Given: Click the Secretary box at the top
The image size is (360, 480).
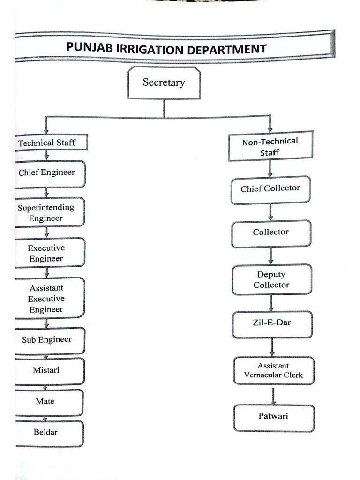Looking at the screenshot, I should (164, 82).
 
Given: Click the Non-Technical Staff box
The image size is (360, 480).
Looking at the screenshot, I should (270, 146).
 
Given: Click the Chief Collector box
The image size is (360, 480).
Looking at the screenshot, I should (270, 189).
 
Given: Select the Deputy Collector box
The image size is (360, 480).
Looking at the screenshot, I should (271, 279).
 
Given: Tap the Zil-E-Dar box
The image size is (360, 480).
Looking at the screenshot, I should (272, 323).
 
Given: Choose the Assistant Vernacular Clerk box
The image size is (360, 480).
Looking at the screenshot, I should (273, 370).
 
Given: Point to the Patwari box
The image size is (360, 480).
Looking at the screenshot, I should (274, 416).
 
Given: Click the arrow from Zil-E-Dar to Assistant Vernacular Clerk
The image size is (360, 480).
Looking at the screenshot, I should (272, 347).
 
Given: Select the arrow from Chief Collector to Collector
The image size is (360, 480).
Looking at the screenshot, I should (270, 212).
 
